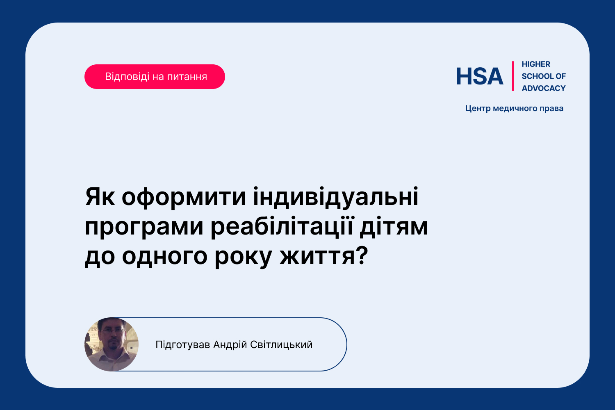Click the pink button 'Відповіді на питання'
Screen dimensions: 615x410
155,77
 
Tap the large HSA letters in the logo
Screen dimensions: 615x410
480,76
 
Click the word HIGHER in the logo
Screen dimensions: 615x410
536,64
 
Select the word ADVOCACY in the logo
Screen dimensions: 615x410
544,89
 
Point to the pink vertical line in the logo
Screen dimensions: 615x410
513,76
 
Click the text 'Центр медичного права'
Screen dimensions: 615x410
514,109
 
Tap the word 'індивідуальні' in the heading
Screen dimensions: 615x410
335,197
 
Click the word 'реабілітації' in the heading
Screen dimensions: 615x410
281,226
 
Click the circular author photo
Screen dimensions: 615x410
112,344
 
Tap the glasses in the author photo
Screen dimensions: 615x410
113,331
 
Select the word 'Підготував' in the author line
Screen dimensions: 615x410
183,345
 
